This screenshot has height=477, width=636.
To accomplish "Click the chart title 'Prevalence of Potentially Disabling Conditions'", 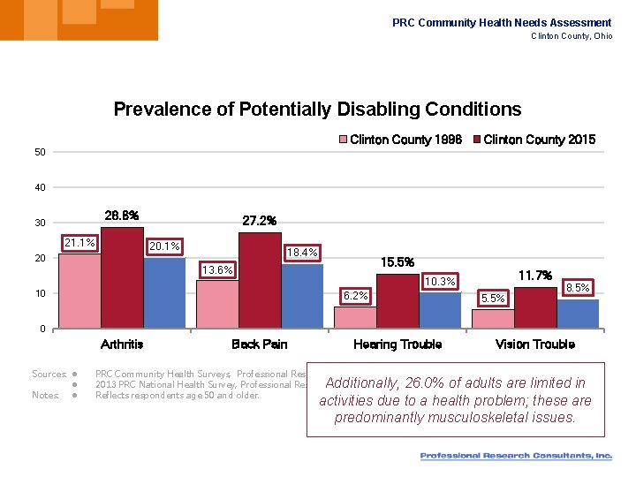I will (x=317, y=110).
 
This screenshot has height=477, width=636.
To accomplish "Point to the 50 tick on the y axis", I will (x=40, y=152).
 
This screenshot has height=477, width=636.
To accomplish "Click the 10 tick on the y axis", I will (x=40, y=293).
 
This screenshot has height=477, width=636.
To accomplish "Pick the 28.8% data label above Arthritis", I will (x=121, y=216).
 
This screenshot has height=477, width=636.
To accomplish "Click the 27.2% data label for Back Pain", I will (x=259, y=221).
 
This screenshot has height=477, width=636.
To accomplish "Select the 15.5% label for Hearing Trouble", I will (x=397, y=262).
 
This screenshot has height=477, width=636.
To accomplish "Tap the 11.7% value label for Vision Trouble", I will (x=534, y=276).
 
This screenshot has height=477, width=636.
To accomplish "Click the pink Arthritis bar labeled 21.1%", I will (x=79, y=291).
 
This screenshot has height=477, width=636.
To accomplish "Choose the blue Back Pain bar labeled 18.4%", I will (x=302, y=296).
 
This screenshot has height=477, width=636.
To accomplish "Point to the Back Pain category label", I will (x=259, y=344).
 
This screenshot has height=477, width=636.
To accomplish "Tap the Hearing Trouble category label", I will (x=397, y=344).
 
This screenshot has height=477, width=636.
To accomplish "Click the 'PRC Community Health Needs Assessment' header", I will (x=501, y=23).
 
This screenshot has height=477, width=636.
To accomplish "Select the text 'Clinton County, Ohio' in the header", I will (x=571, y=36).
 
